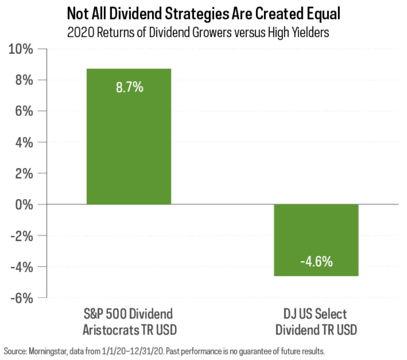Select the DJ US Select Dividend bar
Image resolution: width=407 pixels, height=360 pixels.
(316, 240)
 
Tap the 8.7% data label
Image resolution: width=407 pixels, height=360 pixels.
(129, 87)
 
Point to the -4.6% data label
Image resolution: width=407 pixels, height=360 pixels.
(316, 262)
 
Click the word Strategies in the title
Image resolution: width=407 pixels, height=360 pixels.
(193, 15)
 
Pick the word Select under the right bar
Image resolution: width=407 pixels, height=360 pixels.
(328, 315)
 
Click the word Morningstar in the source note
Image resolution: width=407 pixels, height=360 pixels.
(44, 352)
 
